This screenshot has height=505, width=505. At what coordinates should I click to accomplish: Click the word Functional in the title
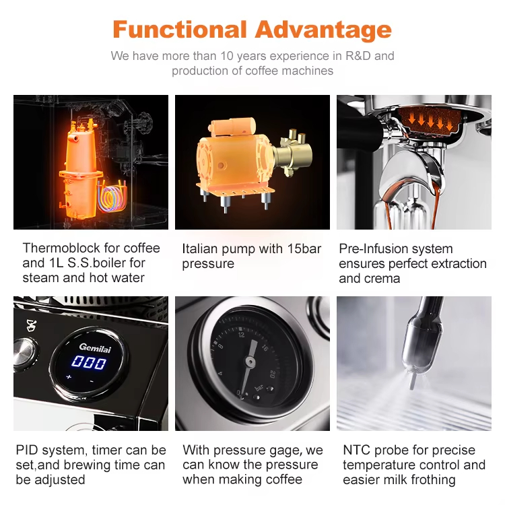[x=180, y=30]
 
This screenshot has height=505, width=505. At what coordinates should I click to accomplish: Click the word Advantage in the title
[x=323, y=30]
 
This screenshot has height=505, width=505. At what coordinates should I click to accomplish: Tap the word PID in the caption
[x=28, y=450]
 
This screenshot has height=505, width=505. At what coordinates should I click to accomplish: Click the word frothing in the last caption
[x=432, y=480]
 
